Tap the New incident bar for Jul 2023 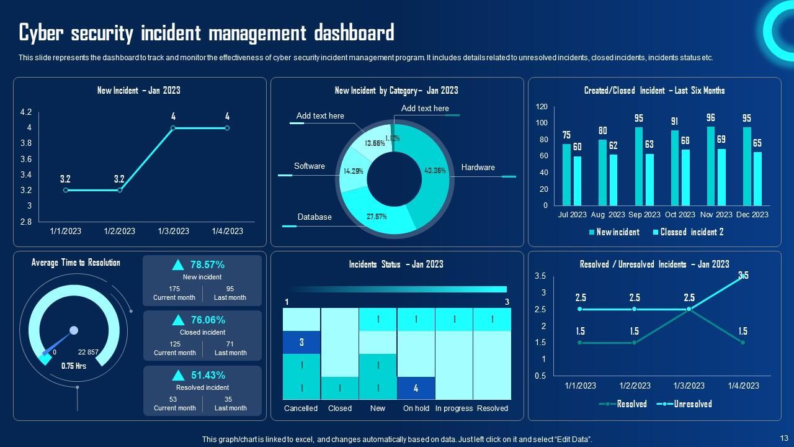tap(566, 174)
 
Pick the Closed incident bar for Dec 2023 tap(757, 178)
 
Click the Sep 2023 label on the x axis tap(644, 215)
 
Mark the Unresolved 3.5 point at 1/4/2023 tap(743, 276)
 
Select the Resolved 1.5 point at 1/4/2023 tap(743, 342)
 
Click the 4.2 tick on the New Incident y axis tap(26, 112)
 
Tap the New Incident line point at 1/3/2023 tap(173, 128)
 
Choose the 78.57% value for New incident tap(207, 265)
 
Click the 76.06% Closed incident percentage tap(207, 320)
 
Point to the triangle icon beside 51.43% tap(178, 375)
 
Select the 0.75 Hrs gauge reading tap(73, 366)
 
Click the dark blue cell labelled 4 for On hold tap(416, 388)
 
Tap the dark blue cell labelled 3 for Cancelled tap(301, 342)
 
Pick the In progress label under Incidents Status tap(454, 409)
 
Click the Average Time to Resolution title tap(76, 263)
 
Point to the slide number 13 tap(783, 438)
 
